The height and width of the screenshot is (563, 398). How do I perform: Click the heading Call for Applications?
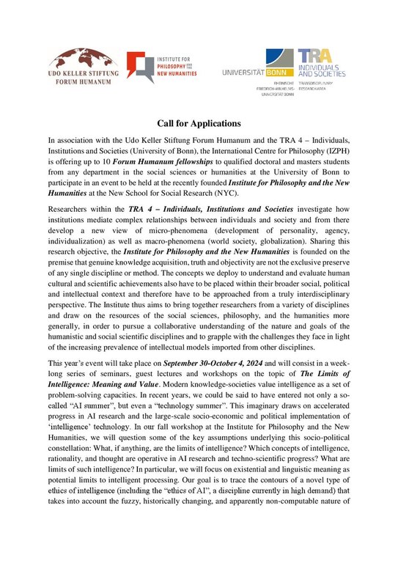(199, 124)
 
